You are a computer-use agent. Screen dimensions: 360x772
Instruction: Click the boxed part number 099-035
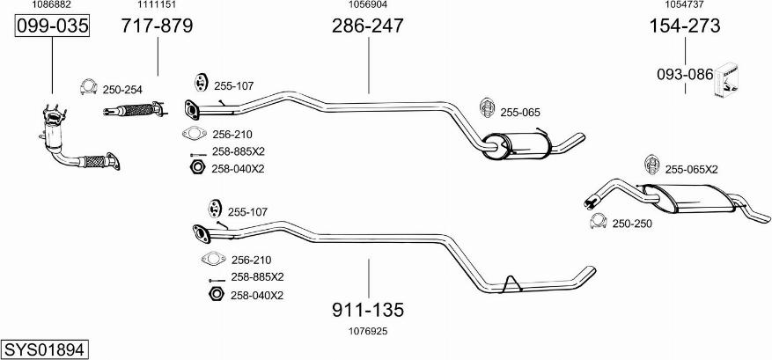point(53,26)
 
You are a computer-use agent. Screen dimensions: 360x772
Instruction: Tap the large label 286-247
point(367,26)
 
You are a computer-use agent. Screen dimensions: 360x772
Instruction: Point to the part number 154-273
point(684,26)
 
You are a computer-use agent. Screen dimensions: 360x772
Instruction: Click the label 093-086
point(684,75)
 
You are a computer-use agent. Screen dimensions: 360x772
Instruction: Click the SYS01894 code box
point(44,349)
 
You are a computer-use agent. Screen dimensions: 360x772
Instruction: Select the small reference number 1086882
point(52,5)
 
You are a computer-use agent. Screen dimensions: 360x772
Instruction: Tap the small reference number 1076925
point(368,331)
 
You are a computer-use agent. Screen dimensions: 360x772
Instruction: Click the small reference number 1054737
point(684,5)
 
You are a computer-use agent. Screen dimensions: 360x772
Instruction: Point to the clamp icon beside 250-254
point(87,88)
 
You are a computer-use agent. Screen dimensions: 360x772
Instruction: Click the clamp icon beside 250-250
point(598,223)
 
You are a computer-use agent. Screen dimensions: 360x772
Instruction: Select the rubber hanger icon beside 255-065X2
point(651,166)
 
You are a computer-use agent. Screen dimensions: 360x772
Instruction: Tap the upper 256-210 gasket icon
point(193,134)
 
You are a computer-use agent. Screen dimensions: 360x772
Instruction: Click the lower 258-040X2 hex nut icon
point(212,294)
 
